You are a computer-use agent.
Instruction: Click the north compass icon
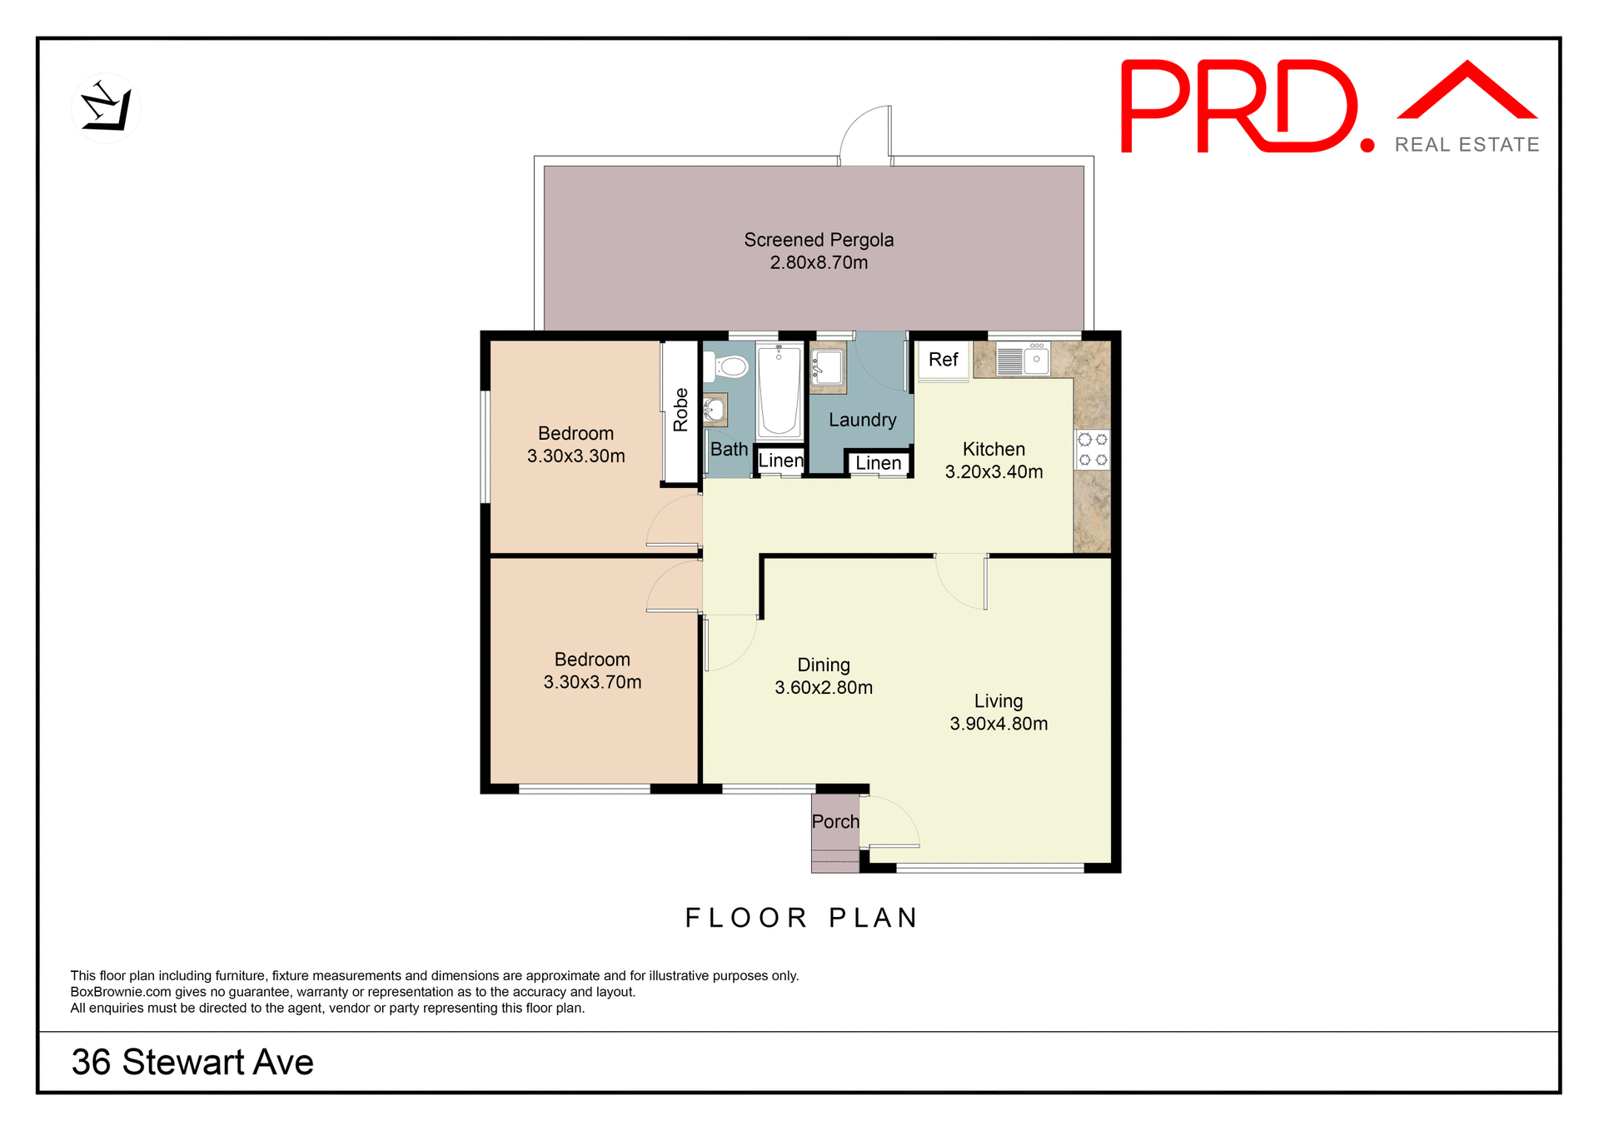(x=106, y=108)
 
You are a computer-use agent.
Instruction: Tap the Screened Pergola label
(x=818, y=241)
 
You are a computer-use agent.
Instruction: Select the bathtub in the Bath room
(x=779, y=391)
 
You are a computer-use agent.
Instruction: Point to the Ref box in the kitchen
(x=943, y=360)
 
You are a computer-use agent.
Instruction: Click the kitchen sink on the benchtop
(x=1024, y=361)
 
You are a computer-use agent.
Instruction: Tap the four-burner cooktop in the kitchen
(x=1093, y=450)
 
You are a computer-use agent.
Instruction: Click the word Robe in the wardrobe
(x=680, y=410)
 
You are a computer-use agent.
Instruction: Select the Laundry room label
(x=862, y=420)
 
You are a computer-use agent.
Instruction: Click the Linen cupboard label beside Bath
(x=780, y=461)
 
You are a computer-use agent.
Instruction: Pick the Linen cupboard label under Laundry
(x=878, y=463)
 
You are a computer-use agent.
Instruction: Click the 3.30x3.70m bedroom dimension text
(x=592, y=682)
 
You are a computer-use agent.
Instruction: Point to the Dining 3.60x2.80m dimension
(x=823, y=688)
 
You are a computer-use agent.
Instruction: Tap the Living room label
(x=998, y=701)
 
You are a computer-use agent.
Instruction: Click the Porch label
(x=834, y=822)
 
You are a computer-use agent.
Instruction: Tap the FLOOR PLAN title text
(x=801, y=918)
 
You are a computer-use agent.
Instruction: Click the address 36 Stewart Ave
(x=192, y=1062)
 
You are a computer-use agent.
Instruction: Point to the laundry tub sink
(x=828, y=366)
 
